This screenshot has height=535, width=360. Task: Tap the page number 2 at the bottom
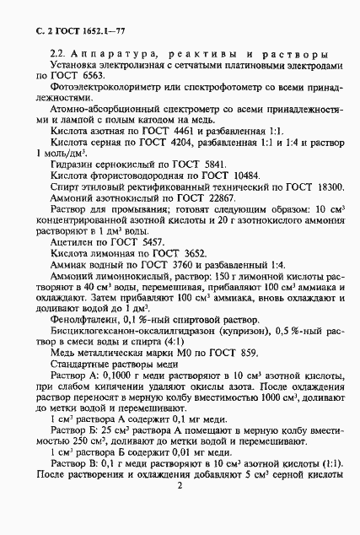click(x=180, y=510)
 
